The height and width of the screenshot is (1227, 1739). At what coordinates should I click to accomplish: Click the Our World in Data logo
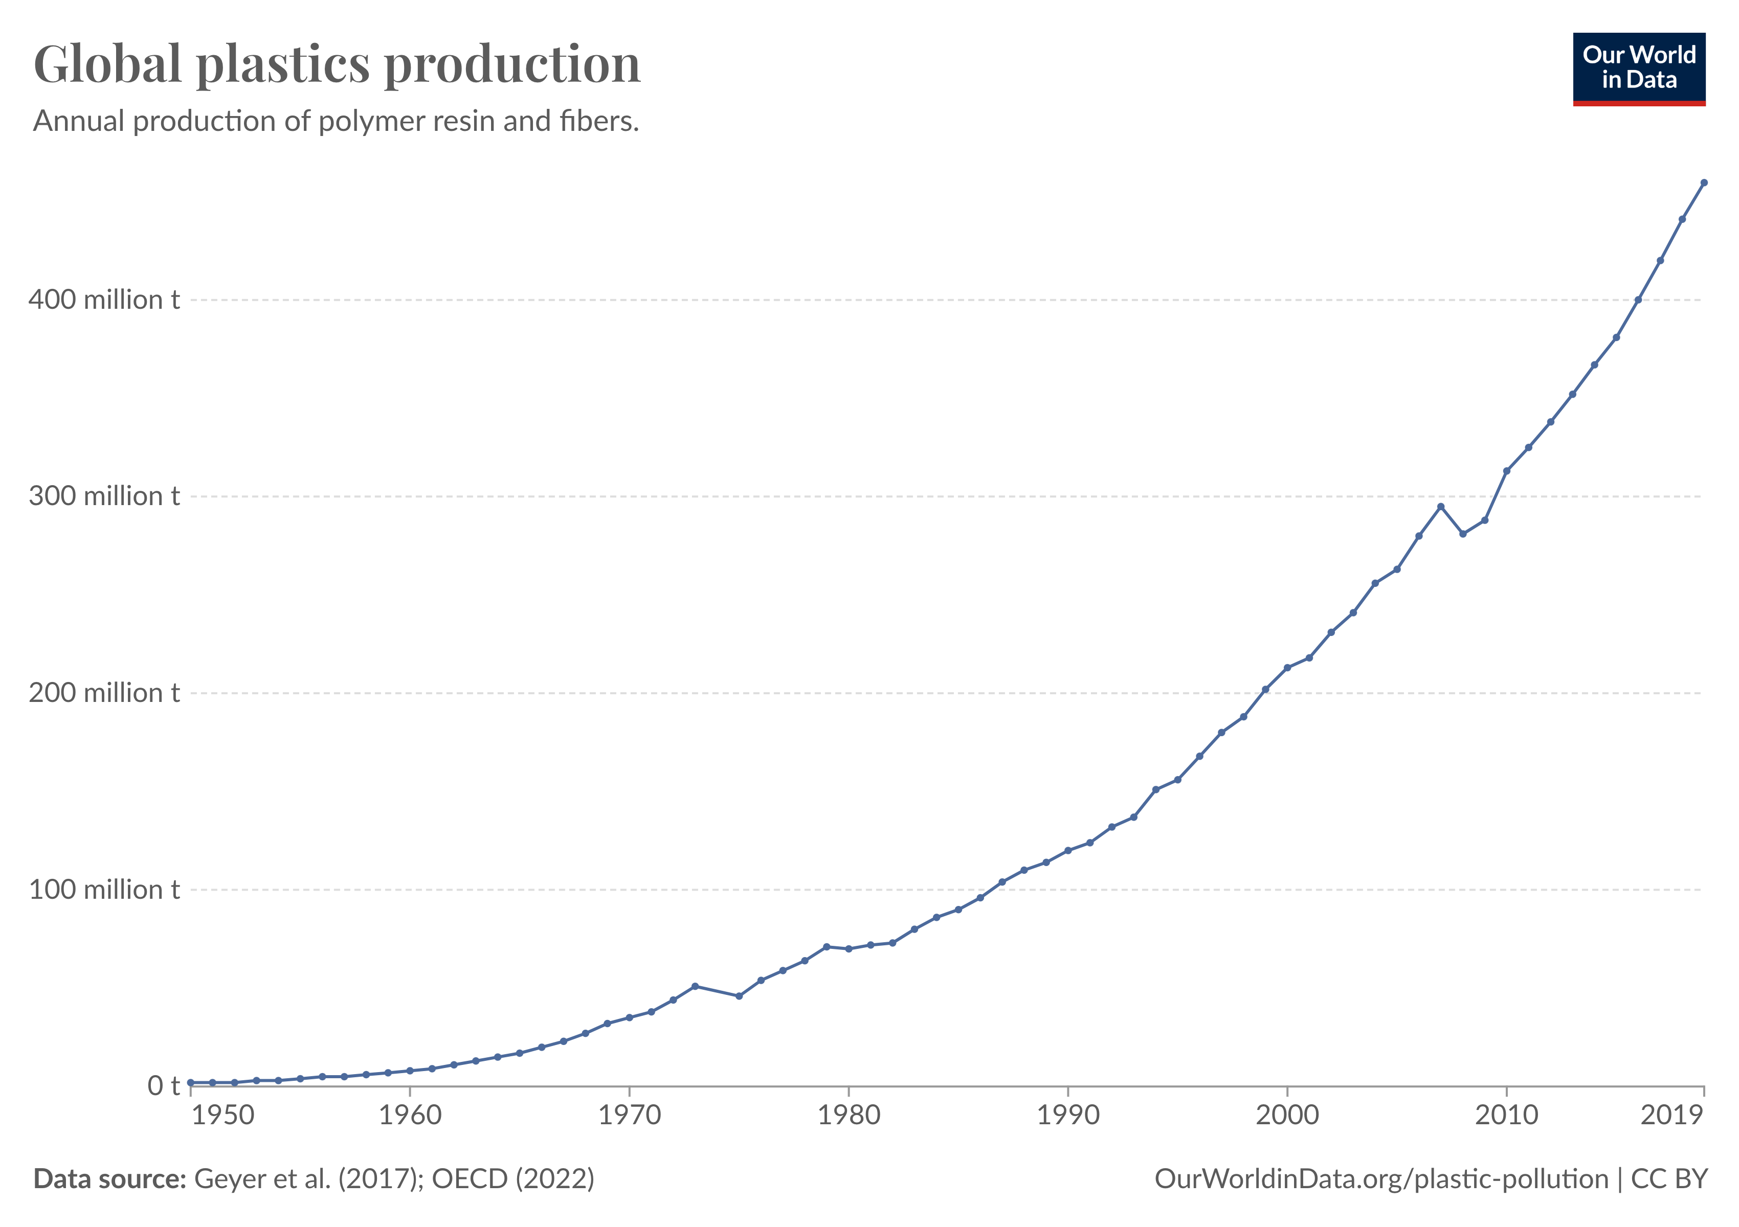1638,68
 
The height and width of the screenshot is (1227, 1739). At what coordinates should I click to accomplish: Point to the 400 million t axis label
104,300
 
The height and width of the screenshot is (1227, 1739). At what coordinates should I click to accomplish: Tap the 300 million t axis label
104,496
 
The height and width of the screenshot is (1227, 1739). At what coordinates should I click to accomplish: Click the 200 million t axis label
104,693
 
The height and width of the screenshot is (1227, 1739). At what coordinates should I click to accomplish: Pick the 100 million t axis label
104,890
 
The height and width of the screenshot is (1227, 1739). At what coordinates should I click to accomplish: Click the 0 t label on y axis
163,1085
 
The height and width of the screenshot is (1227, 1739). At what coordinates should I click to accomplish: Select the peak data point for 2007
1441,506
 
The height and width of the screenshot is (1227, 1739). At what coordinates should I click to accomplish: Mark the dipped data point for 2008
1462,534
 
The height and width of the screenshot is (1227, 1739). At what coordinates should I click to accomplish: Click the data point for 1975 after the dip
739,996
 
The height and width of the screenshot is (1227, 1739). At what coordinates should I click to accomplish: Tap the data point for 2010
1506,471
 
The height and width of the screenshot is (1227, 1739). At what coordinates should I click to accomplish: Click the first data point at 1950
191,1082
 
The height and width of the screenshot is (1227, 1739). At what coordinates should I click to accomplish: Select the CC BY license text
1669,1178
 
